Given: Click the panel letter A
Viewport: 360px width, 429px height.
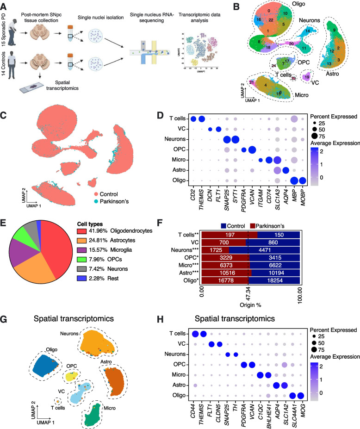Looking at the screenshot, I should pyautogui.click(x=5, y=5).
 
